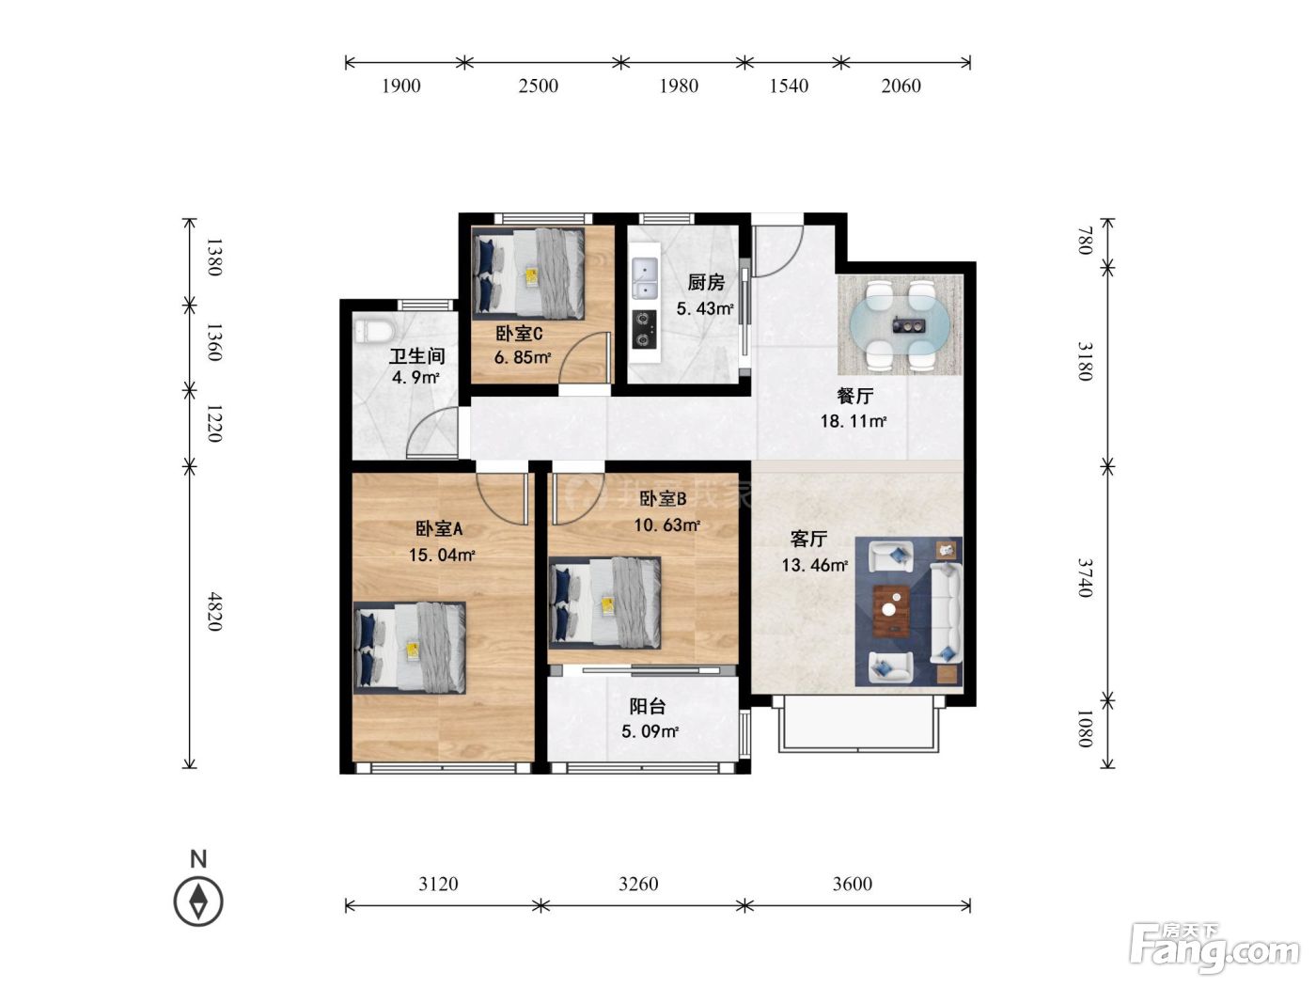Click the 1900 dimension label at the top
click(x=401, y=86)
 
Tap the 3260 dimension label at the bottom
click(x=638, y=884)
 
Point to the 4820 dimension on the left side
click(x=214, y=612)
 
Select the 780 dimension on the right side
click(x=1085, y=241)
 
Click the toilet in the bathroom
click(x=374, y=332)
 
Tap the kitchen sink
click(x=645, y=278)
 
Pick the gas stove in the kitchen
click(x=644, y=330)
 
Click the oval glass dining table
click(x=900, y=325)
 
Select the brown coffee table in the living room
click(x=891, y=611)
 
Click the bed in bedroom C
click(x=528, y=274)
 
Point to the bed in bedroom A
click(x=410, y=648)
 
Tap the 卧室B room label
click(x=663, y=498)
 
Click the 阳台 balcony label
click(x=648, y=707)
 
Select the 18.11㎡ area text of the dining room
click(x=854, y=421)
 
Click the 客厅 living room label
click(x=808, y=539)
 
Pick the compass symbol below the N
click(x=198, y=901)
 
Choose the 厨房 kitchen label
click(x=706, y=282)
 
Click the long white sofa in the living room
click(x=946, y=612)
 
